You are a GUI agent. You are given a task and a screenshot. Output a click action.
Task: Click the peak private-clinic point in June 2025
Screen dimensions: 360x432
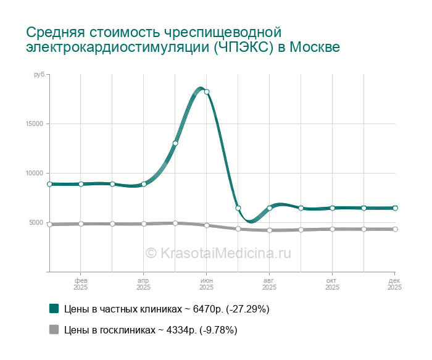207,92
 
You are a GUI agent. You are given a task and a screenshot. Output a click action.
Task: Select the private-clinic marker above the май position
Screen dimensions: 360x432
175,143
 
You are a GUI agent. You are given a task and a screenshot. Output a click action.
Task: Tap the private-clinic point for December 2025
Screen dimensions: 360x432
395,208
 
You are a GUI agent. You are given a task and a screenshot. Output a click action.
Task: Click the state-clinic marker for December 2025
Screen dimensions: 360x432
395,229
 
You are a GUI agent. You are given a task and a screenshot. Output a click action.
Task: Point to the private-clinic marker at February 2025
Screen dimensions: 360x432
81,184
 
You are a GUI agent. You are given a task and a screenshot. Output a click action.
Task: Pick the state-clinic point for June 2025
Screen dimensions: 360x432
207,225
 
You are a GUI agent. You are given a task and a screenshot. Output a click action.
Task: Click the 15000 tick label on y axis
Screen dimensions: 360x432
35,123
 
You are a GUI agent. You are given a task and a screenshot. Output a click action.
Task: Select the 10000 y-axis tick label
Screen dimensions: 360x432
35,173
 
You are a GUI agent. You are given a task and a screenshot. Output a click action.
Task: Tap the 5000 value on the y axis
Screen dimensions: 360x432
36,222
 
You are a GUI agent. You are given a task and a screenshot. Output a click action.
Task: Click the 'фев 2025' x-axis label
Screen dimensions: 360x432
81,284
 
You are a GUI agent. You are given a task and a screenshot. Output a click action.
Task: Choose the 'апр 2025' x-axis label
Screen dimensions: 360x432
144,284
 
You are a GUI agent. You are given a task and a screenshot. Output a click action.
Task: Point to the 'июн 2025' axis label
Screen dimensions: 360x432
207,284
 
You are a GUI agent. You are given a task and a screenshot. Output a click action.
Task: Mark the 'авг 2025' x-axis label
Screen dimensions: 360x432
270,284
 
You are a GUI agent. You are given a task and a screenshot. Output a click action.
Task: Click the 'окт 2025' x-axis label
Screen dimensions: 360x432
332,284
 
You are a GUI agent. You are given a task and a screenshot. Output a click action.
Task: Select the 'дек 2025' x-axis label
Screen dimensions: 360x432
395,284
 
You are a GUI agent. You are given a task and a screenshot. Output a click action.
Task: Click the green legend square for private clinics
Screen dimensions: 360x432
54,308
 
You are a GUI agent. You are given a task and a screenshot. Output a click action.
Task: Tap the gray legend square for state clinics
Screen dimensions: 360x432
54,330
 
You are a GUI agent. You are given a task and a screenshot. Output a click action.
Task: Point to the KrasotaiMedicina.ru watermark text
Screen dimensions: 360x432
218,253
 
